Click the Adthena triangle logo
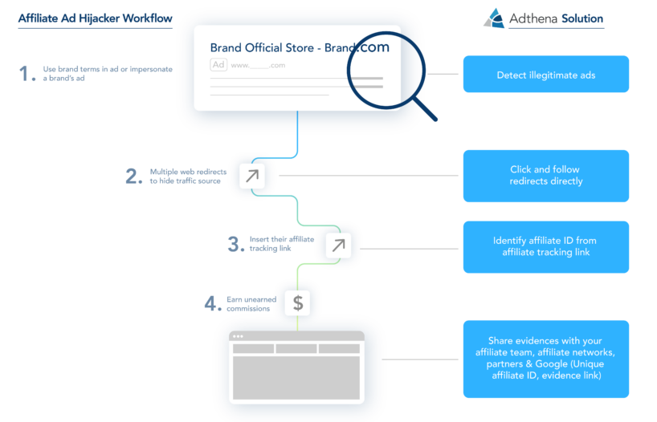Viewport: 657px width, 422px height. pos(494,18)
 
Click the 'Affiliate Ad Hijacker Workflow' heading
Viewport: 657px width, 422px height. pos(95,18)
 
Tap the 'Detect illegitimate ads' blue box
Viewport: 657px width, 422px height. pos(546,74)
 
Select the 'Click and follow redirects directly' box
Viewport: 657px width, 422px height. pos(546,176)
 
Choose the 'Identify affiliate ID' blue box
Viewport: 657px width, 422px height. pos(546,247)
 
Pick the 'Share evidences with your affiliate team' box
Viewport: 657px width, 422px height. pos(546,359)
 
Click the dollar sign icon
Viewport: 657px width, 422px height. pos(297,302)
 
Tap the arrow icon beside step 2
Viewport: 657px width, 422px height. pos(252,176)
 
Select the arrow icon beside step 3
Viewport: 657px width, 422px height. pos(339,245)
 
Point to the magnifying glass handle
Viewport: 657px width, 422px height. pos(426,108)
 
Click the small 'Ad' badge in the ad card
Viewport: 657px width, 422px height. pos(218,65)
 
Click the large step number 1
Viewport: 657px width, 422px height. pos(27,73)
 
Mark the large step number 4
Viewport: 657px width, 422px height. pos(213,303)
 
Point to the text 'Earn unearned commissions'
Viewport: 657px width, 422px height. pos(251,304)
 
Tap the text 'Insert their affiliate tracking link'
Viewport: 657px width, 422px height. pos(282,244)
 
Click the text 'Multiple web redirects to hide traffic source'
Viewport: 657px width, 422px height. pos(188,177)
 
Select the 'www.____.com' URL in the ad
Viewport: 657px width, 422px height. pos(258,65)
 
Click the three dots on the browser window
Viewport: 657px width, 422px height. pos(238,336)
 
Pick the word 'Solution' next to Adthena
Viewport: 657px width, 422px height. pos(582,18)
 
